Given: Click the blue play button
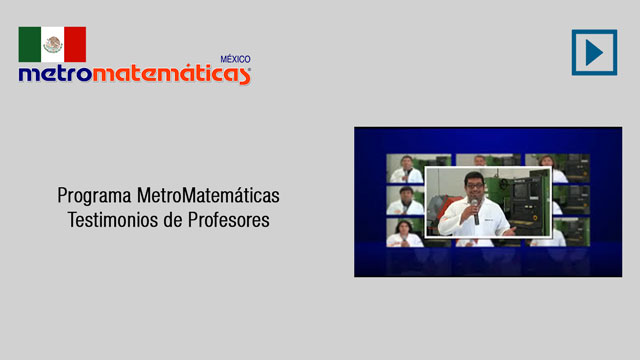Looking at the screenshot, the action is point(594,52).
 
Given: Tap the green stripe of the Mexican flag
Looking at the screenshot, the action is point(30,44).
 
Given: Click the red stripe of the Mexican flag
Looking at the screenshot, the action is point(75,44).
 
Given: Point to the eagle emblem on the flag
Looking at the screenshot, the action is point(53,44).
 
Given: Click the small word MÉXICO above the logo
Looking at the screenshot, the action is point(236,59).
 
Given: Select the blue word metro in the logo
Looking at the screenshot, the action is point(56,73).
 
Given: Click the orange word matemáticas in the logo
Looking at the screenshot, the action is point(171,74).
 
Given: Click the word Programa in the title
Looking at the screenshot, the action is point(94,196).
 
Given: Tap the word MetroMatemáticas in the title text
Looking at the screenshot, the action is point(208,195).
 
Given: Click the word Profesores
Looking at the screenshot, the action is point(229,220).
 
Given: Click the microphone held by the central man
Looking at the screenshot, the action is point(475,212).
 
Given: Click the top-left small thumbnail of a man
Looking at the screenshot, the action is point(406,168).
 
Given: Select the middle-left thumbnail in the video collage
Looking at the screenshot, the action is point(406,200).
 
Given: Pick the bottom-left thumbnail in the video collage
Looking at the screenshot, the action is point(406,232).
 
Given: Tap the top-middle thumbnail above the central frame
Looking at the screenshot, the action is point(488,160).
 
